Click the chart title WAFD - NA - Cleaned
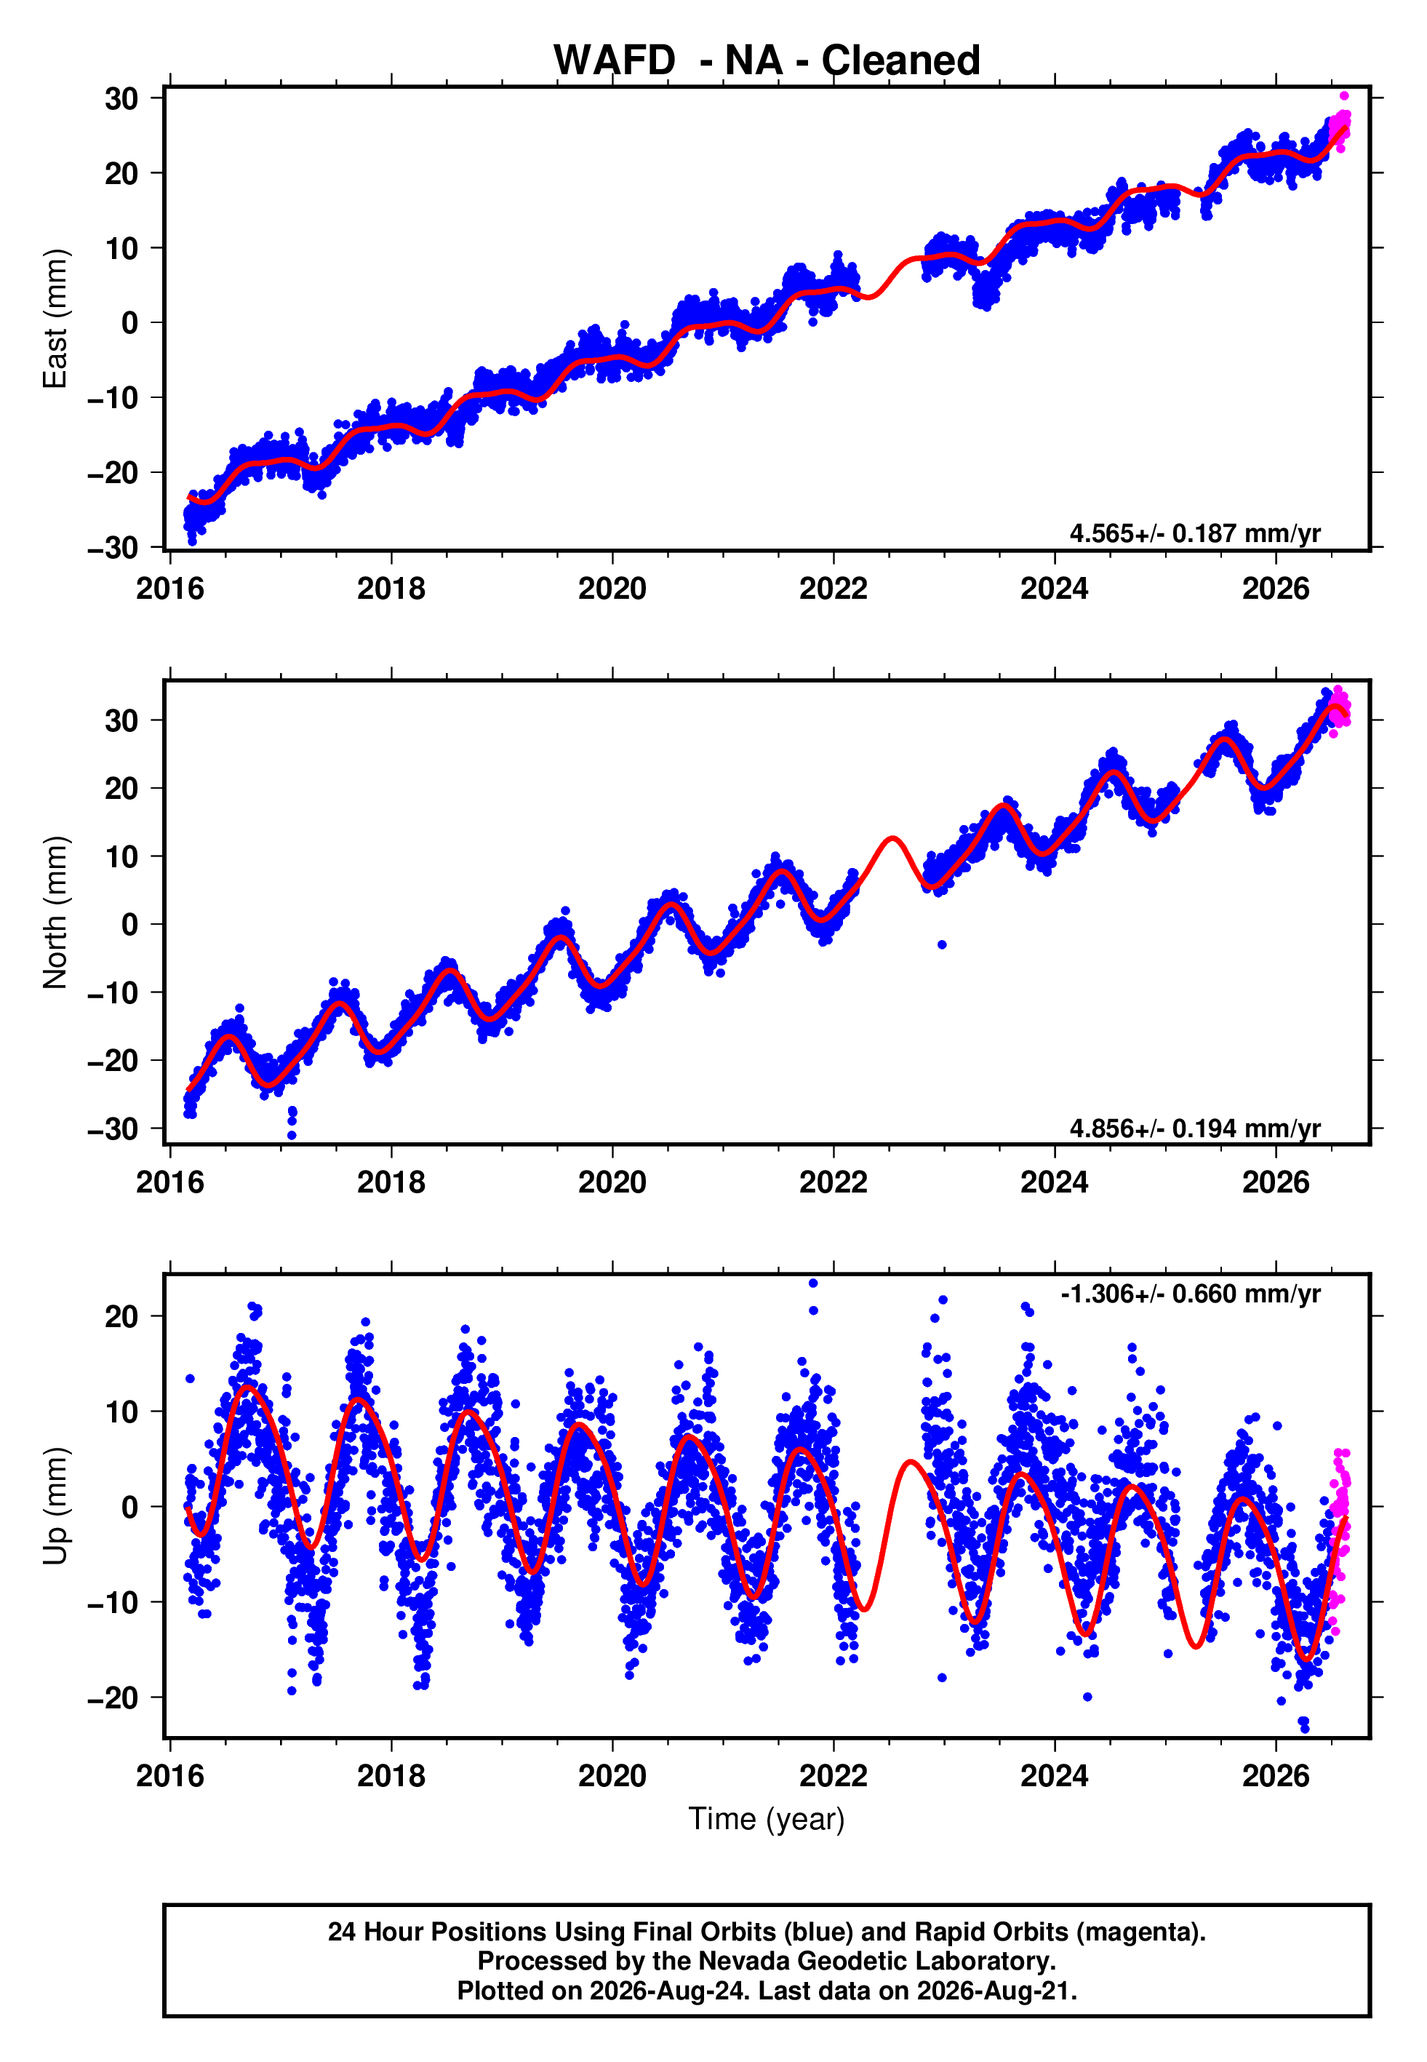click(767, 61)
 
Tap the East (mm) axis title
click(55, 319)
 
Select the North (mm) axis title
click(55, 912)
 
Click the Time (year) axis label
click(767, 1819)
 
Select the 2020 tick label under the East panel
click(612, 589)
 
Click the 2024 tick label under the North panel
click(1055, 1182)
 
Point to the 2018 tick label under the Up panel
click(391, 1776)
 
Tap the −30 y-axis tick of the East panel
click(113, 547)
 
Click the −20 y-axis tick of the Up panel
click(113, 1697)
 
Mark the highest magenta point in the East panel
click(1344, 95)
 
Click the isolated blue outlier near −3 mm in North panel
click(941, 944)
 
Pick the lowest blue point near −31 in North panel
click(292, 1136)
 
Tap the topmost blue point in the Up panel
click(812, 1283)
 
